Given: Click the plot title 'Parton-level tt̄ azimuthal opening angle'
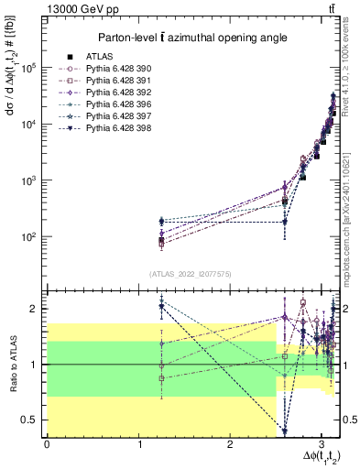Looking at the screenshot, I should [193, 38].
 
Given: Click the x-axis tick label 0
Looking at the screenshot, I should [47, 442].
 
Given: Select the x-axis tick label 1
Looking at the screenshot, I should [138, 442].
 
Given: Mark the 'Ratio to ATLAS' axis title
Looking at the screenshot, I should [12, 364].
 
